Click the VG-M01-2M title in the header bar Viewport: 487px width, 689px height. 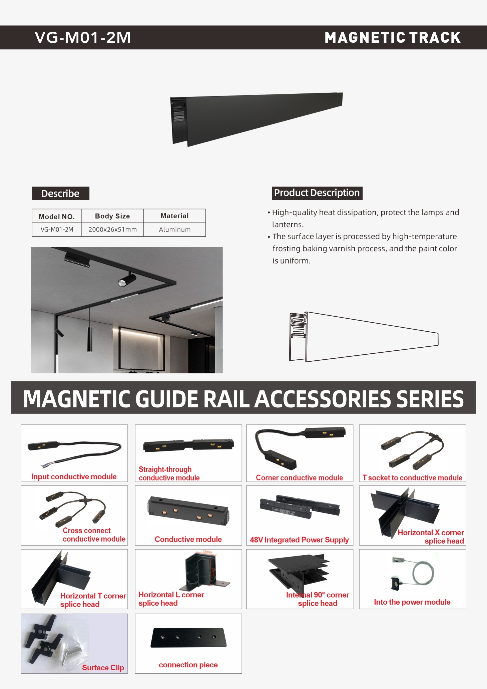click(83, 38)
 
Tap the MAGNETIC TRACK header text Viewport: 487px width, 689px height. click(393, 38)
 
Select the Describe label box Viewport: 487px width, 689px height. click(60, 194)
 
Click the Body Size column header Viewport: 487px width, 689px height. click(112, 216)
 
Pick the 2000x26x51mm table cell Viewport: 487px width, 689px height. click(112, 230)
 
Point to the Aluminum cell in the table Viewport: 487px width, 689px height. click(175, 230)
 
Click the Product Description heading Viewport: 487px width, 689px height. click(317, 193)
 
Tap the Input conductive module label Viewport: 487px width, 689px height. click(74, 476)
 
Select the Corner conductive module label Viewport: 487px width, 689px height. click(299, 477)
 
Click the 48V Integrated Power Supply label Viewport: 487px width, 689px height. click(299, 540)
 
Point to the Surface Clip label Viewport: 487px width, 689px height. click(103, 667)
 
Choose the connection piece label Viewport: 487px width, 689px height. click(188, 665)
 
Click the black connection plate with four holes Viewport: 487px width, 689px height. click(188, 638)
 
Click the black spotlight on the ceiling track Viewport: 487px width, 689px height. click(127, 280)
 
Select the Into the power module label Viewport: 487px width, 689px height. click(412, 602)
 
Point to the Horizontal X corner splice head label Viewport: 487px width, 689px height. click(431, 537)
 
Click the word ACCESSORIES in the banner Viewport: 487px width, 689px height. click(323, 399)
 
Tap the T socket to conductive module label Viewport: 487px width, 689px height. click(412, 477)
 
